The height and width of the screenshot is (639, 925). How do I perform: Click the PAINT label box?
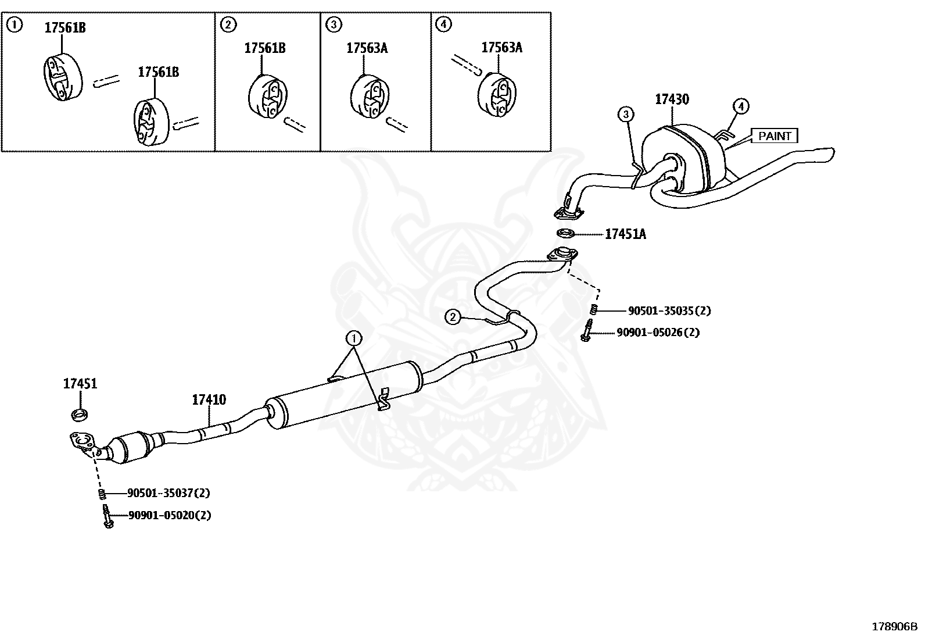[775, 136]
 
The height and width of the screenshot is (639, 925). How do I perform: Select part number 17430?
[672, 99]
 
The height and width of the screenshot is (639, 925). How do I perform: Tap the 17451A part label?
[625, 234]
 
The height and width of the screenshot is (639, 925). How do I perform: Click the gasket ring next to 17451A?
[565, 234]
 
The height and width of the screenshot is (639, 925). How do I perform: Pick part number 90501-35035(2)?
[669, 311]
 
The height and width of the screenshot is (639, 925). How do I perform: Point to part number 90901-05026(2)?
[658, 333]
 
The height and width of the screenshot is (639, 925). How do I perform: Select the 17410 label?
[209, 400]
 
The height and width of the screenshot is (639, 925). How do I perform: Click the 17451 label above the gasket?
[80, 384]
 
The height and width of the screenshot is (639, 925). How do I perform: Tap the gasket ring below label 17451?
[80, 415]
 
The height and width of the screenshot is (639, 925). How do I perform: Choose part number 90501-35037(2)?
[168, 493]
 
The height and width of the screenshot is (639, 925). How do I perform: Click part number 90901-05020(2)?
[169, 515]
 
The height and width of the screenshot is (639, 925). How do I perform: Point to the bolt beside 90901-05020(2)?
[107, 516]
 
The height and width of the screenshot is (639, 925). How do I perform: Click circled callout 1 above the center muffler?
[353, 338]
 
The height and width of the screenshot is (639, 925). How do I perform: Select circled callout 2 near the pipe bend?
[453, 317]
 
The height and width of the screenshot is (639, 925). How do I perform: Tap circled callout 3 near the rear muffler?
[626, 114]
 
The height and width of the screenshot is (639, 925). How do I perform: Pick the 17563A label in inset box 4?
[501, 48]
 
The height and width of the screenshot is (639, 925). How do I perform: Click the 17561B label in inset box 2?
[264, 48]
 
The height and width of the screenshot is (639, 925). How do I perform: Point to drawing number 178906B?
[894, 626]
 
